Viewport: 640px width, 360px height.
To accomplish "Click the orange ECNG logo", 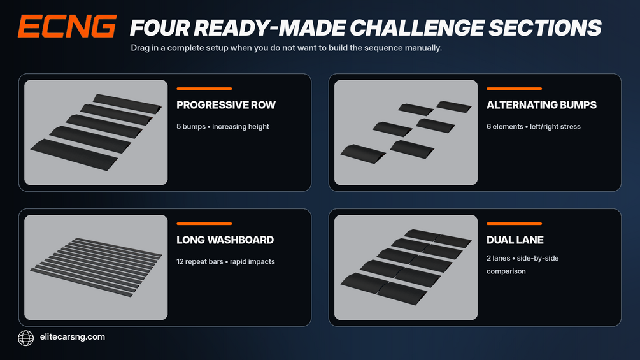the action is coord(68,27).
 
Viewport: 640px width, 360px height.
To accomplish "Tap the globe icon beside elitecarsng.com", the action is coord(25,338).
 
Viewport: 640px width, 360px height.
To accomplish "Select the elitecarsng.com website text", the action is coord(72,337).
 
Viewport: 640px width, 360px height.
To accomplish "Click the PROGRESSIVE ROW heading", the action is coord(226,105).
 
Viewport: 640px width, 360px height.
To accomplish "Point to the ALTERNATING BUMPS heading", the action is coord(541,105).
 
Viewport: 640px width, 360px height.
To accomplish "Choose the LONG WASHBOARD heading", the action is coord(225,240).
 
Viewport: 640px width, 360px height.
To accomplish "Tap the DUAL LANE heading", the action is coord(515,240).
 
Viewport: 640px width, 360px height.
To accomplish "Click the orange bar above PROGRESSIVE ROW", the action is coord(204,89).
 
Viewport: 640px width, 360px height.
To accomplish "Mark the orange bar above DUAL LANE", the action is coord(514,224).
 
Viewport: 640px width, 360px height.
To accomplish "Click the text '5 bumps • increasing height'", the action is coord(223,127).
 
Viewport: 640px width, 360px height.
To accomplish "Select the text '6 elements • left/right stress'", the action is coord(534,127).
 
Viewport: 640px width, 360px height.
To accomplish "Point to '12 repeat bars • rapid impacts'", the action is coord(225,262).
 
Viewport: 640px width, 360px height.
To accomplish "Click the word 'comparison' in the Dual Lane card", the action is coord(506,271).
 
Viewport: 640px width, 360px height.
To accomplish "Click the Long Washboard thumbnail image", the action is coord(96,268).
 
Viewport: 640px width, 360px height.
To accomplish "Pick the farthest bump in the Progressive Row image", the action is coord(127,104).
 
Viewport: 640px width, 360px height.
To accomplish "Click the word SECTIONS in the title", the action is coord(545,28).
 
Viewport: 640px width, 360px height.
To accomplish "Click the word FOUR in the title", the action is coord(160,28).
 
